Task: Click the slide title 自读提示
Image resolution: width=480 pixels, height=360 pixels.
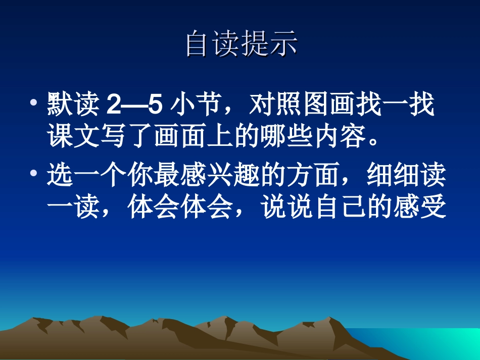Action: click(241, 44)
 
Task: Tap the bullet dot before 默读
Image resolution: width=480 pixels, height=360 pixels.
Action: click(33, 103)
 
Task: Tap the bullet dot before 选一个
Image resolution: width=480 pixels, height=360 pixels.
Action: click(33, 173)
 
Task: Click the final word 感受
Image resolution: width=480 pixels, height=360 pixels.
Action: click(420, 207)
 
